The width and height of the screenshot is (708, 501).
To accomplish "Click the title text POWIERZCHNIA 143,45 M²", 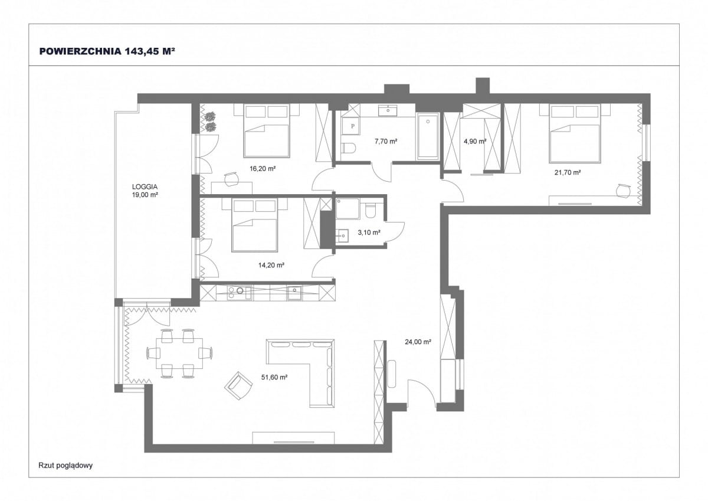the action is (x=107, y=51).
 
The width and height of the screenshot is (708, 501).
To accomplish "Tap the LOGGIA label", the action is (x=145, y=187).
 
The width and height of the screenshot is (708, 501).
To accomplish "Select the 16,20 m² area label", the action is (x=263, y=169).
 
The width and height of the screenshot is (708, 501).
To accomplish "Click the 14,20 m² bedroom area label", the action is (x=271, y=265).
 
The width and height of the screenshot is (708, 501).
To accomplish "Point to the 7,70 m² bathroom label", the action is (x=386, y=141).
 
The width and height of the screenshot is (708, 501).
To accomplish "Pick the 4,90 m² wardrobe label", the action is (x=475, y=141).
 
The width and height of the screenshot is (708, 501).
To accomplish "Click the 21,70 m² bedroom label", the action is (x=568, y=172).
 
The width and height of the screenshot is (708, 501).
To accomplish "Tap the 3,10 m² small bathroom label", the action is (x=369, y=233).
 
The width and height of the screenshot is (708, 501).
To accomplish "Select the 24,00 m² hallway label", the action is (x=418, y=342).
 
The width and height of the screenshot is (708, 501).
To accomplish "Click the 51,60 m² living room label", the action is (x=274, y=377).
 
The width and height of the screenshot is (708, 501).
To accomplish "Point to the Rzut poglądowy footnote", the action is (x=65, y=465).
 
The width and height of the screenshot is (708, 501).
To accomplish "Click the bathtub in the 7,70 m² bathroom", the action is (x=428, y=136).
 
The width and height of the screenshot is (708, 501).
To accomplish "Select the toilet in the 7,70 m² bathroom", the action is (x=349, y=148).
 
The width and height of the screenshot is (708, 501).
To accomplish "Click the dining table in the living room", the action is (x=179, y=353).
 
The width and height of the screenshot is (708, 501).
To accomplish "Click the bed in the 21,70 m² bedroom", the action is (x=575, y=134).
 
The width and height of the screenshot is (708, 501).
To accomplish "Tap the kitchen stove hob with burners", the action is (x=240, y=293).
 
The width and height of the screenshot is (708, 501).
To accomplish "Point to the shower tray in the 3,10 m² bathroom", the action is (x=348, y=209).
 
